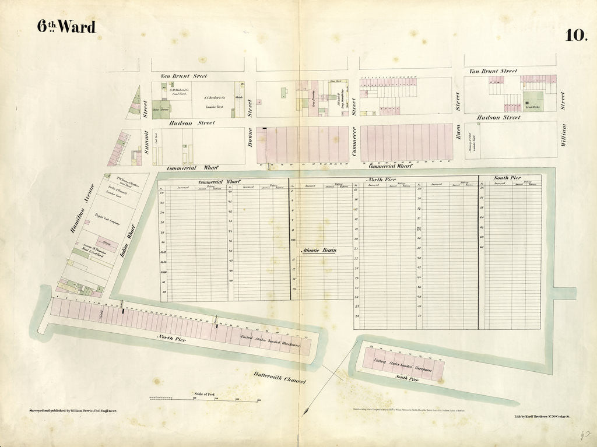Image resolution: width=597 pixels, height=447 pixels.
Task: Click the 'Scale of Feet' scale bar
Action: coord(204,399)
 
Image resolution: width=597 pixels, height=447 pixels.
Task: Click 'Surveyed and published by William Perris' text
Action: coord(73,411)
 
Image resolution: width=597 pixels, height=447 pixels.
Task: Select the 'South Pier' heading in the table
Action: coord(507,178)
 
